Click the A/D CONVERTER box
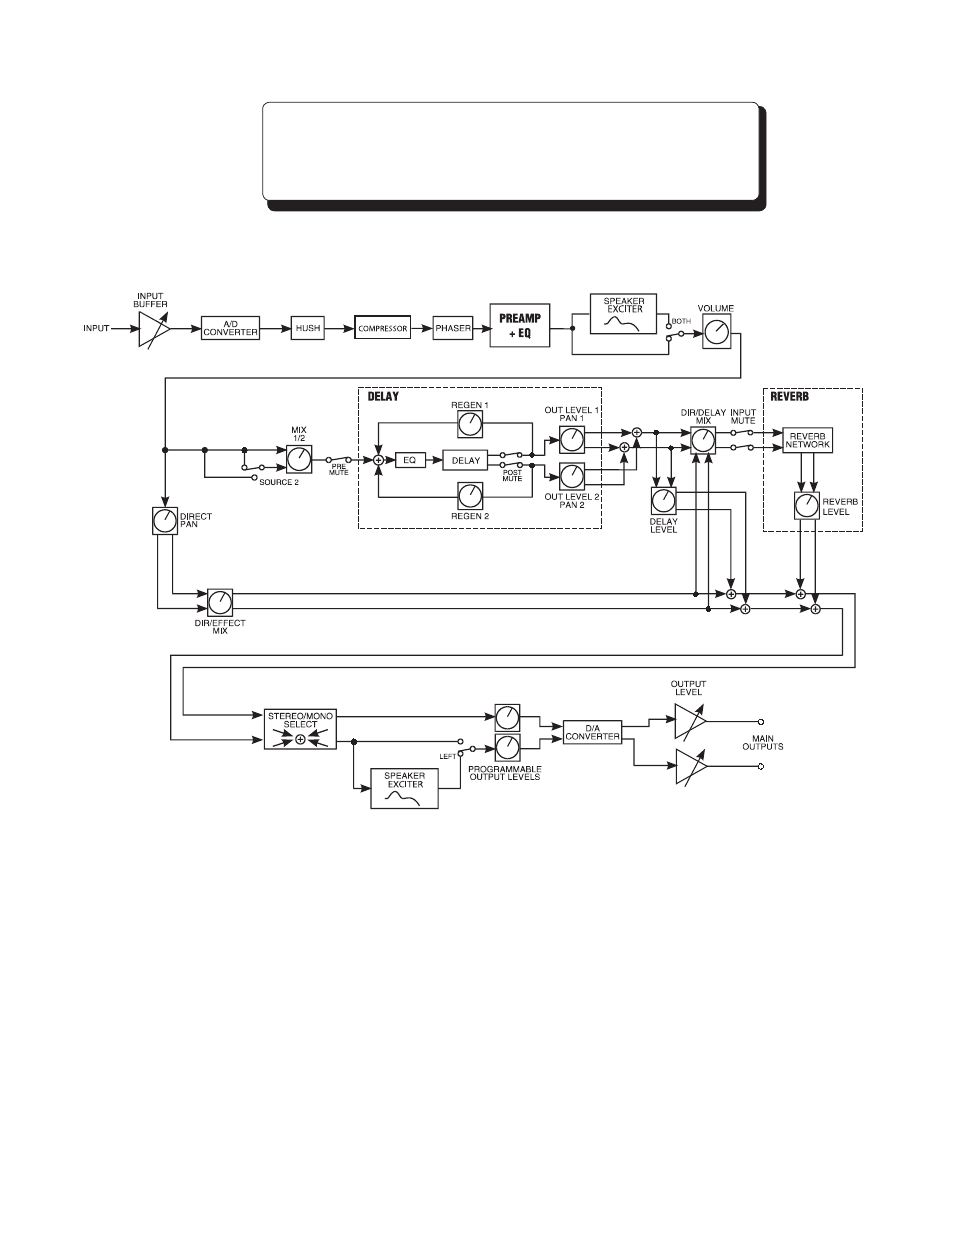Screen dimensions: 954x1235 (x=230, y=328)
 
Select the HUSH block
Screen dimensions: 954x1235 (x=308, y=328)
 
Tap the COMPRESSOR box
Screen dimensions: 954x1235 (x=382, y=328)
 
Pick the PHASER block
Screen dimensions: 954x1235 (x=453, y=328)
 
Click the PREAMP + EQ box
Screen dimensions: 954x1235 (x=520, y=325)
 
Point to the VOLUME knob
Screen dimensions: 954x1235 (x=717, y=331)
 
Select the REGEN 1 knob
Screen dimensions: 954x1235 (x=470, y=424)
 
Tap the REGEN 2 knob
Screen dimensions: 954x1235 (x=470, y=496)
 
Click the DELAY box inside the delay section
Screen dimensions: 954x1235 (x=466, y=460)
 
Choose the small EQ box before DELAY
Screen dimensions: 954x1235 (x=410, y=460)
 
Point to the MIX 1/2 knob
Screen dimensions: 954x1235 (x=299, y=459)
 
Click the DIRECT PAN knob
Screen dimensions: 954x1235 (x=165, y=521)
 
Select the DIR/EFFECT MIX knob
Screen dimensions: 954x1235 (x=220, y=602)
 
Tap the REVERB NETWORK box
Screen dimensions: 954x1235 (x=807, y=440)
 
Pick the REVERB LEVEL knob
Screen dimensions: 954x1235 (x=807, y=506)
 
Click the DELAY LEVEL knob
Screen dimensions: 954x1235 (x=664, y=501)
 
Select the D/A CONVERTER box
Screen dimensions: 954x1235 (x=593, y=732)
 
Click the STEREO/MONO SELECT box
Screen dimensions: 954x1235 (x=300, y=729)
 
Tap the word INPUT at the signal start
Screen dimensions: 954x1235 (x=96, y=328)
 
